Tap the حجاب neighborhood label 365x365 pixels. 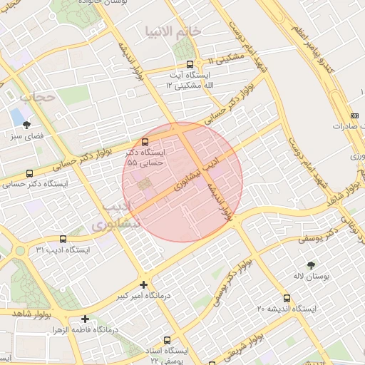[x=37, y=96]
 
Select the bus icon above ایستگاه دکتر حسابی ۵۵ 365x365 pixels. [x=145, y=141]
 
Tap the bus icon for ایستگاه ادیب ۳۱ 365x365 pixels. [x=63, y=239]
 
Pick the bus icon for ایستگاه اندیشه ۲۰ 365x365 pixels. [x=287, y=298]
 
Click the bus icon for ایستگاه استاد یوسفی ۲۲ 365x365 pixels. [x=168, y=340]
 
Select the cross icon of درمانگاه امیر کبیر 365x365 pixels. [x=144, y=284]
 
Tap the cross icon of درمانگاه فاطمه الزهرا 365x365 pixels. [x=86, y=319]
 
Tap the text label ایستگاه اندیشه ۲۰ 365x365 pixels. [x=286, y=309]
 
